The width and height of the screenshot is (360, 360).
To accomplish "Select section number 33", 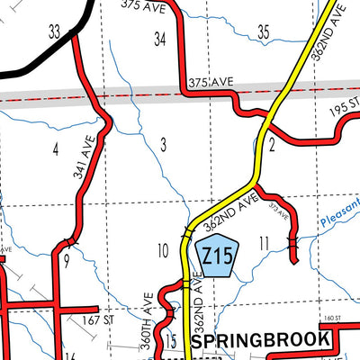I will [55, 32].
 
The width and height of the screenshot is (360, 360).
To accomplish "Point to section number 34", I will [160, 39].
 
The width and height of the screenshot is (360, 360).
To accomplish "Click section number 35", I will [264, 32].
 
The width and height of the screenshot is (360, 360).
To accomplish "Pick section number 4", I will [56, 148].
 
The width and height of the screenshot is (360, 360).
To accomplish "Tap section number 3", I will [163, 143].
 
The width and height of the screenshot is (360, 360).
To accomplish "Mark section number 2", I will [271, 145].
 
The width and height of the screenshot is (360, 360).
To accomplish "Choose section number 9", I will [66, 263].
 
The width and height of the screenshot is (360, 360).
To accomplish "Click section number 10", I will [162, 250].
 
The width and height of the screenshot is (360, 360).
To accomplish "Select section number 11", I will [264, 242].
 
